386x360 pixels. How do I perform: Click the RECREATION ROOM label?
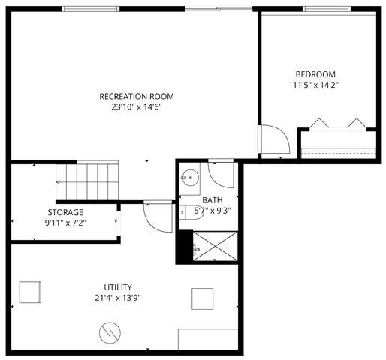(137, 96)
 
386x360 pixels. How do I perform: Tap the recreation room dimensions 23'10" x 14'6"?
(137, 107)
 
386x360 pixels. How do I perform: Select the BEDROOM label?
(315, 74)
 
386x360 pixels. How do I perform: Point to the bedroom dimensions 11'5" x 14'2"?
(315, 85)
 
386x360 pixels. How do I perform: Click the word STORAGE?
(65, 212)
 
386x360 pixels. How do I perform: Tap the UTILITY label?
(118, 287)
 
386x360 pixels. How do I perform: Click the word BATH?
(213, 200)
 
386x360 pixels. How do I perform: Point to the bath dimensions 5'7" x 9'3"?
(212, 211)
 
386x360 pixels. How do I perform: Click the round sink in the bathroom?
(188, 178)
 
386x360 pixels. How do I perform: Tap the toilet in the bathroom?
(185, 212)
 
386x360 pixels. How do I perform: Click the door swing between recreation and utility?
(157, 216)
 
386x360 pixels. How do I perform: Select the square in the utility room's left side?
(31, 291)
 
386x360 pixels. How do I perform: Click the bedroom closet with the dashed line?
(337, 142)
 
